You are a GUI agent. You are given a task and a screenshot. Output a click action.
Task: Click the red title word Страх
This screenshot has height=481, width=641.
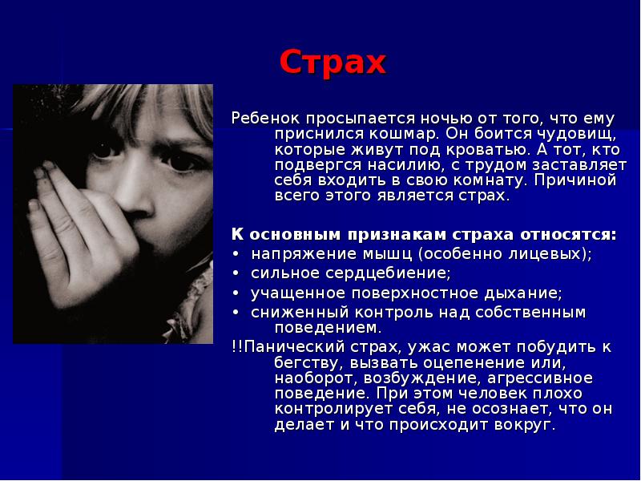pyautogui.click(x=333, y=62)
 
